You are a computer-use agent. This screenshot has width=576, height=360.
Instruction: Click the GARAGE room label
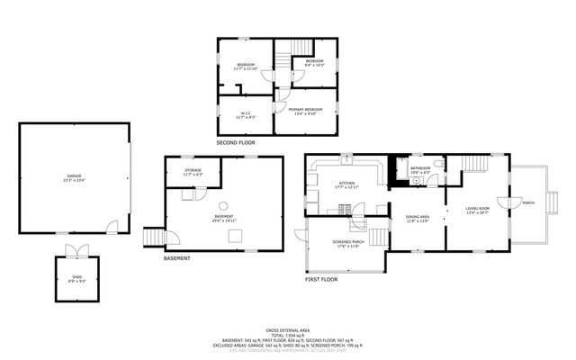(74, 175)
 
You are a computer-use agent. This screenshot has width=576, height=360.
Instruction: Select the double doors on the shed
(76, 250)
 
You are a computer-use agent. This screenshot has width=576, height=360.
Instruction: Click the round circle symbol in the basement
(223, 205)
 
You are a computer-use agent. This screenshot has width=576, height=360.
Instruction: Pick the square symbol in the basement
(235, 235)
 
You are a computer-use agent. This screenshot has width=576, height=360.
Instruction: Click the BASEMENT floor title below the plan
(176, 259)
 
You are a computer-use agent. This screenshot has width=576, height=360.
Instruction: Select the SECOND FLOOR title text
(236, 143)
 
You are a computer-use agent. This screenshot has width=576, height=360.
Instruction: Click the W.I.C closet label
(246, 112)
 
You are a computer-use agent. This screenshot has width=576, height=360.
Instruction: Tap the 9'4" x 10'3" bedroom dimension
(313, 66)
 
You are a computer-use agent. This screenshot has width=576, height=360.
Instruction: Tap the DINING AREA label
(417, 216)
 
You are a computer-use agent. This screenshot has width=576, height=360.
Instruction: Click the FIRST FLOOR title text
(320, 280)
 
